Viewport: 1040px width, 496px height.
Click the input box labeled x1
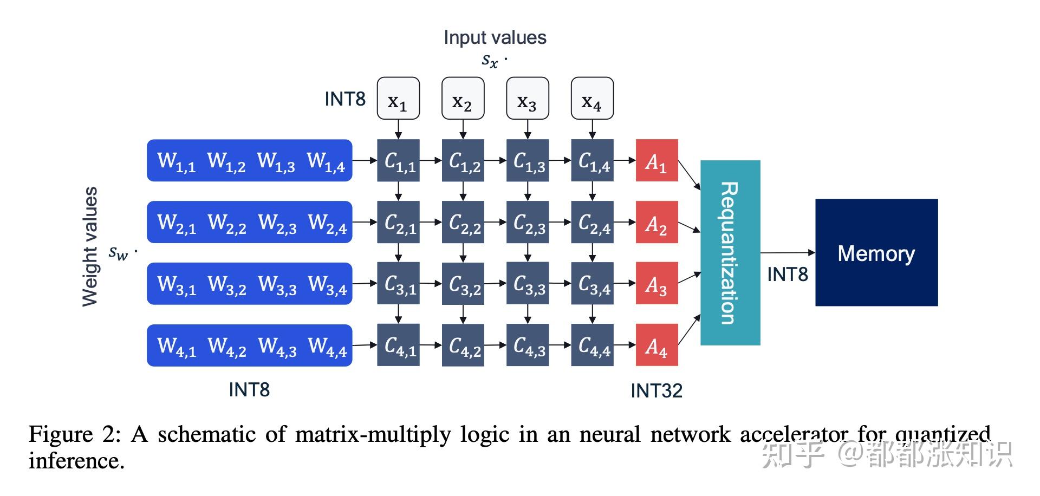pyautogui.click(x=398, y=99)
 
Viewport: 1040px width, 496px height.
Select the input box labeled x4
pyautogui.click(x=592, y=99)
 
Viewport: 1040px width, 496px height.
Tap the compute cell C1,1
pyautogui.click(x=398, y=160)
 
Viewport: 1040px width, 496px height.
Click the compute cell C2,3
pyautogui.click(x=528, y=222)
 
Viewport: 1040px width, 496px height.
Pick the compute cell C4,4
pyautogui.click(x=592, y=345)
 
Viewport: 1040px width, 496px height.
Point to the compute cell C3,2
pyautogui.click(x=463, y=284)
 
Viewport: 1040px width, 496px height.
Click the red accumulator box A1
pyautogui.click(x=656, y=160)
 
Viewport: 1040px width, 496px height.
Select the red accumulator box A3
pyautogui.click(x=656, y=284)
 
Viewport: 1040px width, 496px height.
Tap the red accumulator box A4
pyautogui.click(x=656, y=345)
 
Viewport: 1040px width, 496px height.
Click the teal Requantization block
pyautogui.click(x=730, y=253)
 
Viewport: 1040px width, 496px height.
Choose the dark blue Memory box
pyautogui.click(x=876, y=253)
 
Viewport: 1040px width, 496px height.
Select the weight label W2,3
pyautogui.click(x=277, y=223)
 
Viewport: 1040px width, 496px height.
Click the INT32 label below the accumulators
pyautogui.click(x=656, y=390)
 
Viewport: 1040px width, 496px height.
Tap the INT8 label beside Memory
pyautogui.click(x=787, y=275)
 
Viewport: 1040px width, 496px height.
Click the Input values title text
pyautogui.click(x=495, y=37)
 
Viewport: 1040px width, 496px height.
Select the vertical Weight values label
pyautogui.click(x=90, y=246)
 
